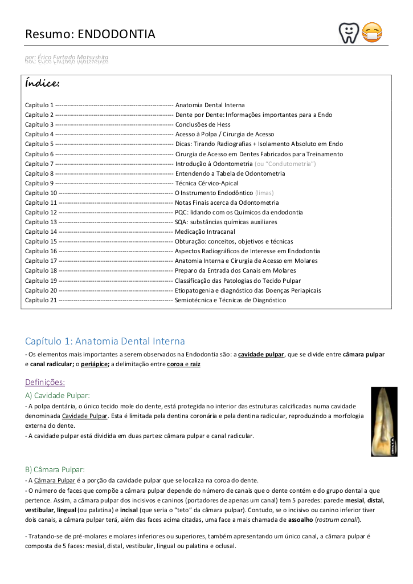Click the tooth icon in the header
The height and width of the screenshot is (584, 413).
[x=348, y=33]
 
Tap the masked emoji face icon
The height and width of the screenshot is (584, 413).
[x=373, y=33]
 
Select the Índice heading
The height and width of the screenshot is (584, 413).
[x=42, y=84]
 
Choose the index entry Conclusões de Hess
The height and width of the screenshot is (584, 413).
[x=202, y=124]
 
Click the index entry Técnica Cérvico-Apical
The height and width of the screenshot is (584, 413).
[x=206, y=183]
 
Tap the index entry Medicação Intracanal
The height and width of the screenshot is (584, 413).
[x=205, y=232]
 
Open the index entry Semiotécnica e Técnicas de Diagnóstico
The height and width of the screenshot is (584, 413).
[x=230, y=300]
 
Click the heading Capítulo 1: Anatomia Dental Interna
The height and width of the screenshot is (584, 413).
[x=105, y=341]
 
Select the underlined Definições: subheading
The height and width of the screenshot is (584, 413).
[x=45, y=382]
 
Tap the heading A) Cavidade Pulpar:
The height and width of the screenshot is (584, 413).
[x=57, y=395]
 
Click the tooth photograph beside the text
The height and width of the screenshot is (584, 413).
[x=383, y=421]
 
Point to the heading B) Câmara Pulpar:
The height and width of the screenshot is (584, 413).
[x=55, y=469]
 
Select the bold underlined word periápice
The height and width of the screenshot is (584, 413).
[x=95, y=364]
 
